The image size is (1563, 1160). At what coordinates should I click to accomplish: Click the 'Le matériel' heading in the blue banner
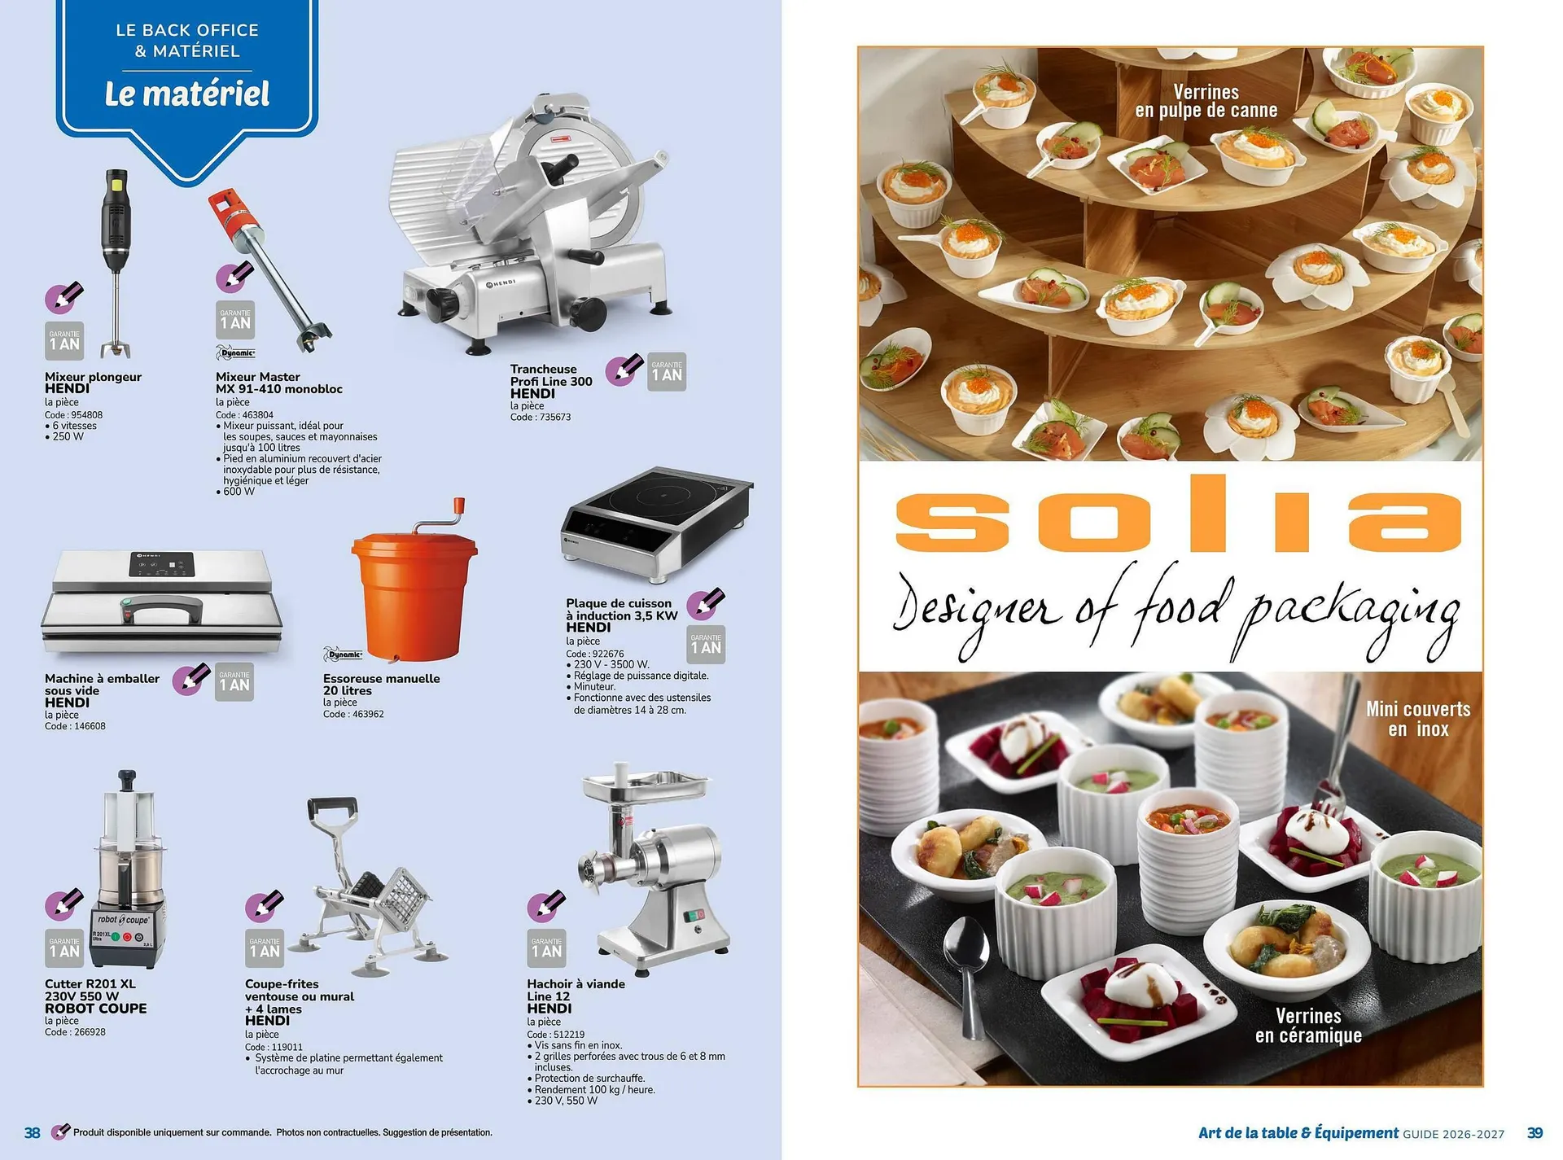pyautogui.click(x=186, y=94)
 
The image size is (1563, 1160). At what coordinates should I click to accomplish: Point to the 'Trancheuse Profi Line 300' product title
pyautogui.click(x=551, y=375)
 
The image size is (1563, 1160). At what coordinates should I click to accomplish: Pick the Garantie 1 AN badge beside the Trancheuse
pyautogui.click(x=667, y=372)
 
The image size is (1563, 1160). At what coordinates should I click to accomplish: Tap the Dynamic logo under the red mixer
pyautogui.click(x=236, y=352)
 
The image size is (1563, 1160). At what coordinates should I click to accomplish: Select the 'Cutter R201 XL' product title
pyautogui.click(x=90, y=983)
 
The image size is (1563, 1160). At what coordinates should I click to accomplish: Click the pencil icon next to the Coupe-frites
pyautogui.click(x=265, y=904)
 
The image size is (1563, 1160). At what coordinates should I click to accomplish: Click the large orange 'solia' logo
pyautogui.click(x=1177, y=514)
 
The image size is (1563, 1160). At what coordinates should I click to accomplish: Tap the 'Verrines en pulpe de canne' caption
pyautogui.click(x=1206, y=102)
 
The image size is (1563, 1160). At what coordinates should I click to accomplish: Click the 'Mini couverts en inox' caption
pyautogui.click(x=1418, y=719)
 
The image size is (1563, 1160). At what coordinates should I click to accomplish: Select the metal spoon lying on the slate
pyautogui.click(x=969, y=961)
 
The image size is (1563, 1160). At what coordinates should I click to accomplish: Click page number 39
pyautogui.click(x=1535, y=1132)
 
